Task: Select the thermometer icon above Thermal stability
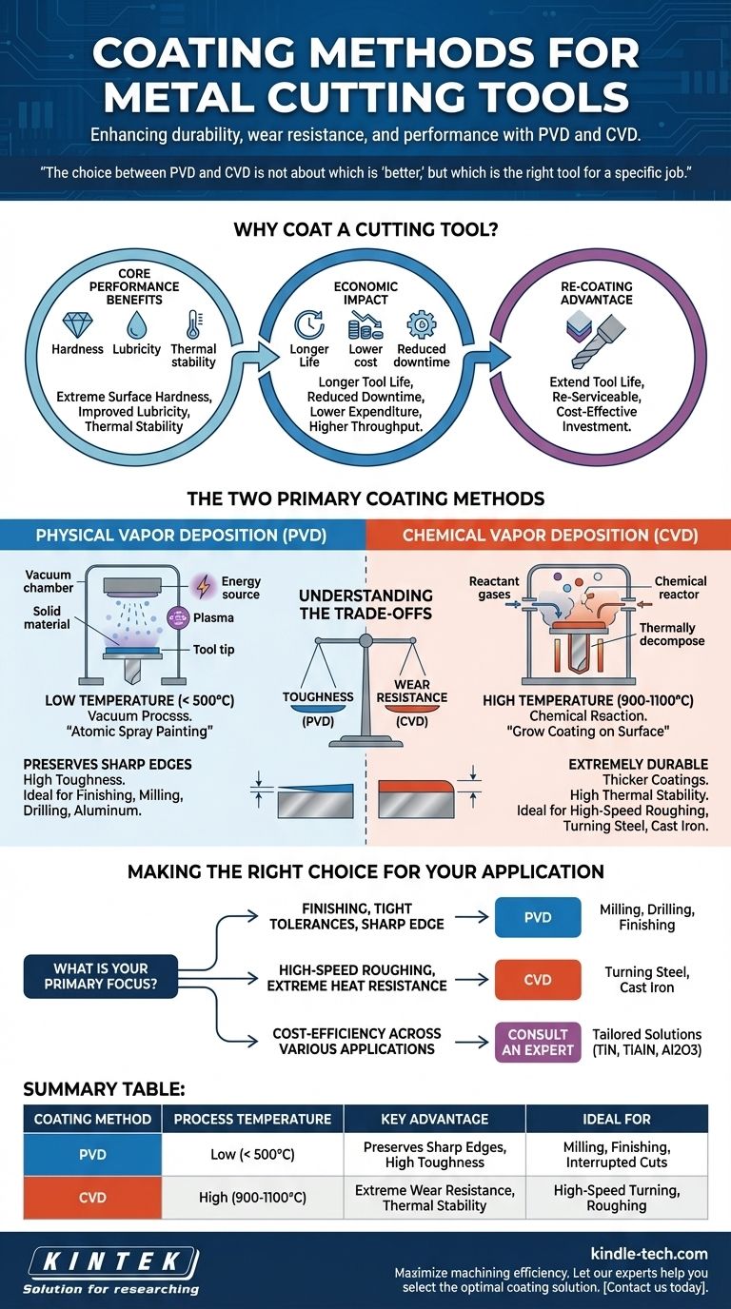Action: (x=193, y=322)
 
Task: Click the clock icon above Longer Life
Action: (x=309, y=323)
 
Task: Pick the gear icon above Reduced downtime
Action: (x=421, y=323)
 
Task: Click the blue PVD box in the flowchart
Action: (x=538, y=917)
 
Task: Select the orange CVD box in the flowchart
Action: (x=538, y=979)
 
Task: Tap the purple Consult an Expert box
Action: (x=538, y=1042)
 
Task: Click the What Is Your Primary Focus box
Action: (x=101, y=977)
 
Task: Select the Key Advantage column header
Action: (x=434, y=1119)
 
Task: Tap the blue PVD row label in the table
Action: (x=92, y=1154)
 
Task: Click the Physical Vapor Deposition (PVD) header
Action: (x=181, y=536)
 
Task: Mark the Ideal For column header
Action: (x=616, y=1119)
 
